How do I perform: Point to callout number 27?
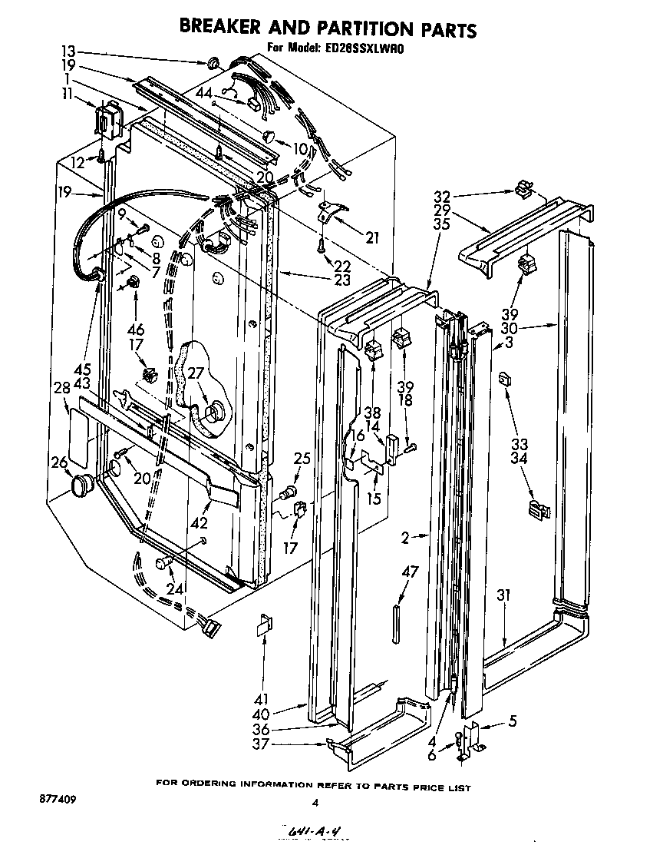196,374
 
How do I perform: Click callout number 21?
372,238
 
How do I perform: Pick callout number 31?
503,595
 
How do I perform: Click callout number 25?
302,459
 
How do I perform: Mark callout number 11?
68,93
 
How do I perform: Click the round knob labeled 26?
81,485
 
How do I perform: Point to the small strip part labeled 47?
396,620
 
